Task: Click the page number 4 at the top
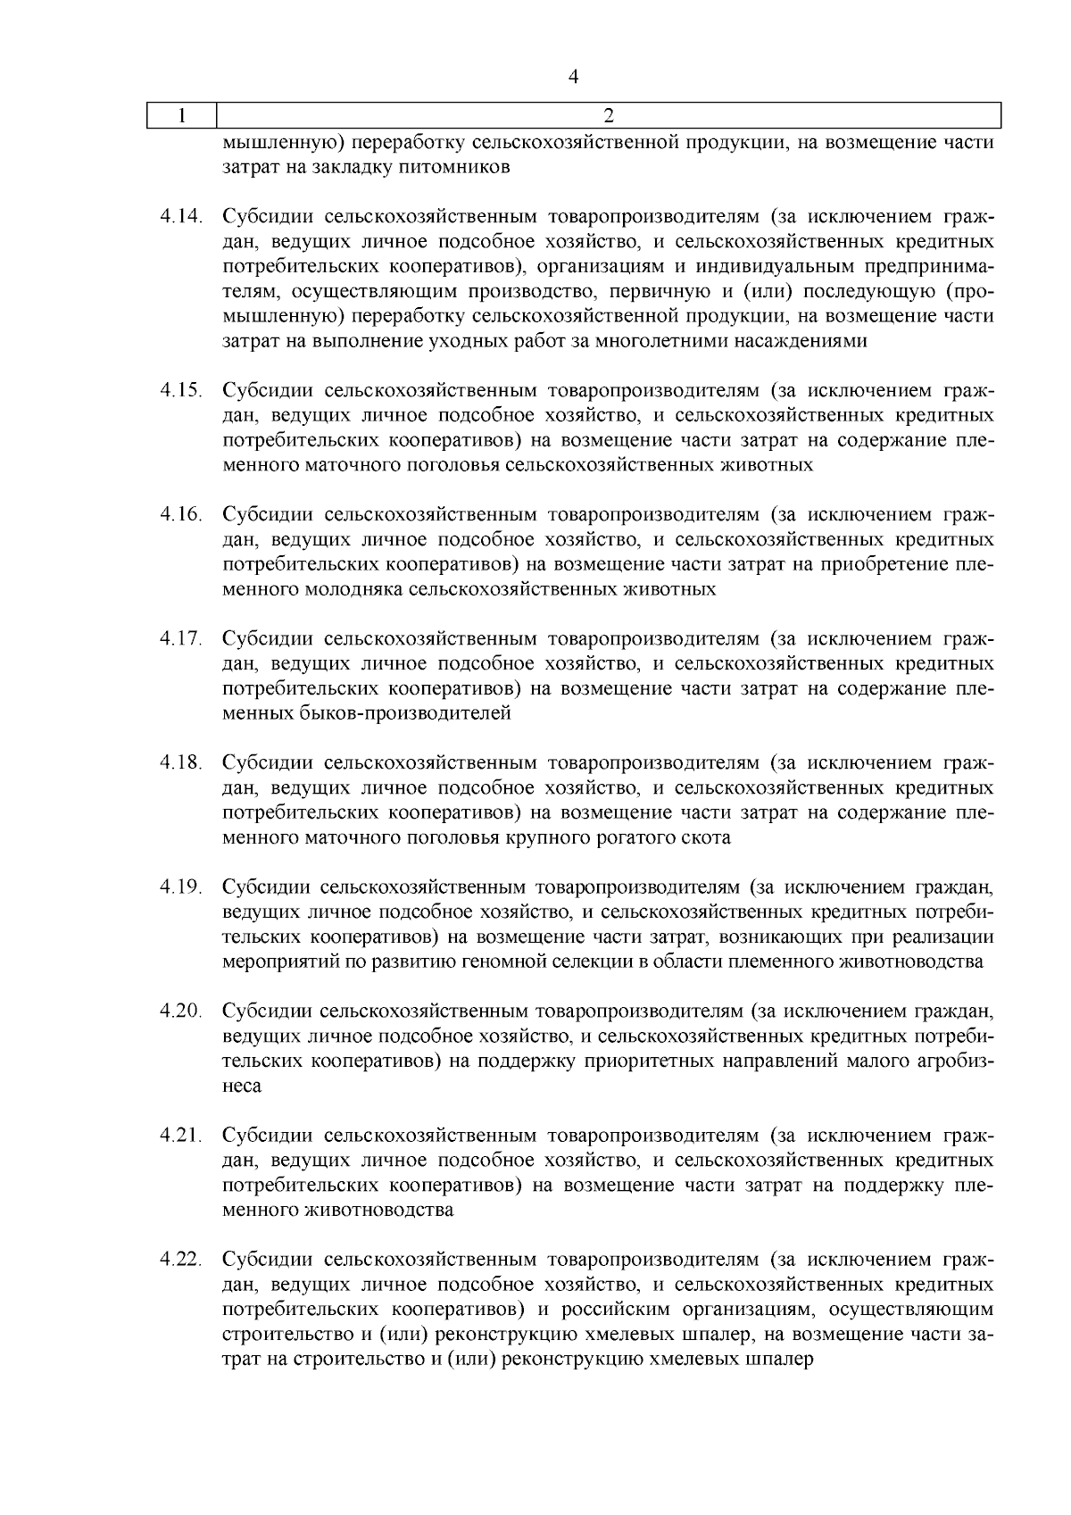tap(573, 78)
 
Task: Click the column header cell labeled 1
tap(182, 115)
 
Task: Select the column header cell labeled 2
tap(609, 115)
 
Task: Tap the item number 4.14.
tap(182, 217)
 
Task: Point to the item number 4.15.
tap(182, 391)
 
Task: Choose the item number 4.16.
tap(182, 515)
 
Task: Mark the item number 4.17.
tap(182, 639)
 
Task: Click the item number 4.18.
tap(182, 763)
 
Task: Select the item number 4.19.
tap(182, 887)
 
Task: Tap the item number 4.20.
tap(182, 1011)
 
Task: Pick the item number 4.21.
tap(182, 1136)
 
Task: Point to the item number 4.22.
tap(182, 1260)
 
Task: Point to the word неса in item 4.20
tap(242, 1086)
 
